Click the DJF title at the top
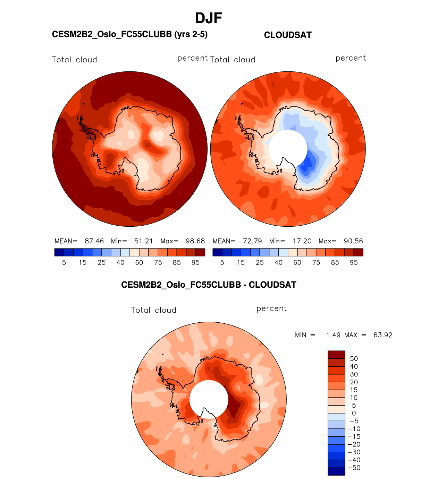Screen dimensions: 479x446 click(x=208, y=18)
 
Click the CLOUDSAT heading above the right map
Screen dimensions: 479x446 click(x=288, y=35)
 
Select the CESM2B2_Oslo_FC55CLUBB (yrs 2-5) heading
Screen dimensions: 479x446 click(x=130, y=34)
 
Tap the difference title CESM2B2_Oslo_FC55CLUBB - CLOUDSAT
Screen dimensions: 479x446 click(x=209, y=285)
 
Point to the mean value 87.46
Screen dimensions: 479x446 click(x=94, y=241)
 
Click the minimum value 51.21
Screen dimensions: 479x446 click(x=144, y=241)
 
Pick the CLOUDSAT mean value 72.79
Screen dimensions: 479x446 click(x=252, y=241)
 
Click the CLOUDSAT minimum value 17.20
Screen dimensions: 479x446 click(x=302, y=241)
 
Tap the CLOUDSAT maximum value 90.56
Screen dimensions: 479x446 click(x=353, y=241)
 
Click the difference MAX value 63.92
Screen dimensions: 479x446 click(x=383, y=335)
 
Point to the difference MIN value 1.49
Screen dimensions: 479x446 click(x=333, y=335)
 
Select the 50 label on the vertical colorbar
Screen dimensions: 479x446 click(x=354, y=359)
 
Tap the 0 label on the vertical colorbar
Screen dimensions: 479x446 click(x=354, y=413)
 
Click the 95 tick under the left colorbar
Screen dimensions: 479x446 click(x=196, y=263)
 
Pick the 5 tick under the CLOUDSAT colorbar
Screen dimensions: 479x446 click(x=222, y=263)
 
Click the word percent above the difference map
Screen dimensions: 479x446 click(x=271, y=308)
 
